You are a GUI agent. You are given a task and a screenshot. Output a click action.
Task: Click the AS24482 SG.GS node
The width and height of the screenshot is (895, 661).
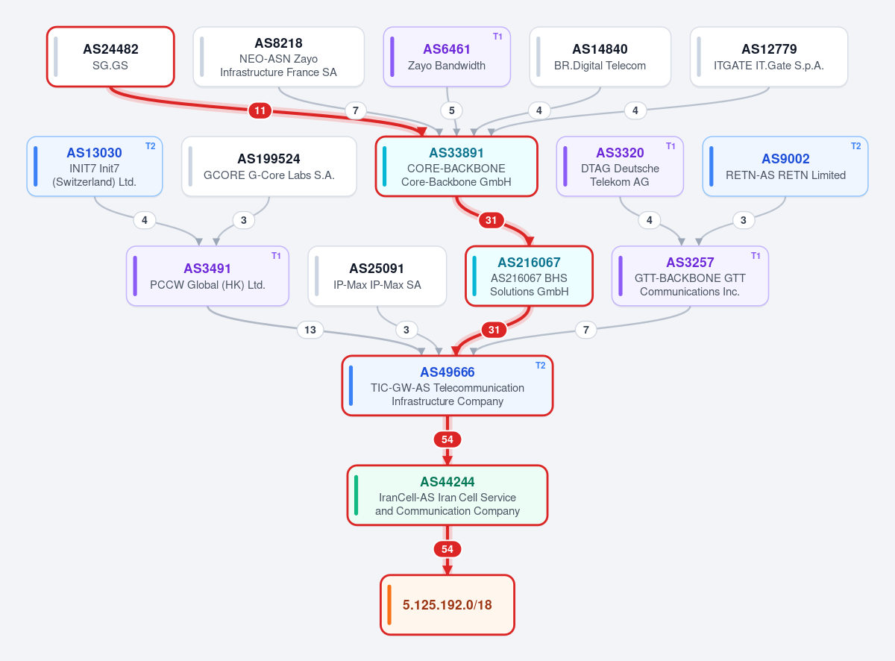click(x=110, y=57)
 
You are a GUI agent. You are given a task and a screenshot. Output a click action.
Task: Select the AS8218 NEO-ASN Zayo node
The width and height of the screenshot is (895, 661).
click(x=278, y=57)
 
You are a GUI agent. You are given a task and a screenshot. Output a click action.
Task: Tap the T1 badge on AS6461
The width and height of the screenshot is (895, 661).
click(x=497, y=37)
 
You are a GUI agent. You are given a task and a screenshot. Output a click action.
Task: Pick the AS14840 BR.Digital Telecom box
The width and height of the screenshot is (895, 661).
click(x=600, y=57)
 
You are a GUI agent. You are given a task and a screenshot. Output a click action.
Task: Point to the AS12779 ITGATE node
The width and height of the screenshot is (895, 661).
click(x=769, y=57)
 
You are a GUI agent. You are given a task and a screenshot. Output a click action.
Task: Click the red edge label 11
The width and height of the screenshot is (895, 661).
click(x=260, y=110)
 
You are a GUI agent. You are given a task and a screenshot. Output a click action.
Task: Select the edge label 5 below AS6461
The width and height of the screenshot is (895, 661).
click(x=451, y=110)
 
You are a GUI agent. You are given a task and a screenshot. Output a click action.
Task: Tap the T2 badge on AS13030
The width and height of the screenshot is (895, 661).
click(x=150, y=145)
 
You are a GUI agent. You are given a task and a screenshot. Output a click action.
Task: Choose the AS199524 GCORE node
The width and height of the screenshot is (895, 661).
click(x=269, y=166)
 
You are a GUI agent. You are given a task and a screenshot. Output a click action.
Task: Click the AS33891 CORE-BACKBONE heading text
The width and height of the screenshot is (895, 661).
click(x=456, y=153)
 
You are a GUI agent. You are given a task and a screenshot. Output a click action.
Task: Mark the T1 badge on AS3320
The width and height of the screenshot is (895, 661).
click(x=671, y=145)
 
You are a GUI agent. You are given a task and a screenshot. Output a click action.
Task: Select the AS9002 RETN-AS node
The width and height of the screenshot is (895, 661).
click(x=785, y=166)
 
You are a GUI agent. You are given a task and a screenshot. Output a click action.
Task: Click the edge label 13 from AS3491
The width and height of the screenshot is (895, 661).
click(x=310, y=330)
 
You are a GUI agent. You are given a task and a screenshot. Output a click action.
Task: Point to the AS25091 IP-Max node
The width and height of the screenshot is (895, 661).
click(x=377, y=276)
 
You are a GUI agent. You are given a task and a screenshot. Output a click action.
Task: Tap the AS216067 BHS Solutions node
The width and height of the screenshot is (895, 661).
click(x=529, y=276)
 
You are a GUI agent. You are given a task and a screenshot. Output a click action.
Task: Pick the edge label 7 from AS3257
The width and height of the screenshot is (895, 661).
click(x=586, y=330)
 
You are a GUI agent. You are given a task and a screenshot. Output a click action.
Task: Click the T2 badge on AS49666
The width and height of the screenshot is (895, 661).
click(x=540, y=366)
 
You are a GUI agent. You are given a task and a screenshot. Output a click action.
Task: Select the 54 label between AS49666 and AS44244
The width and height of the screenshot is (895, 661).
click(x=447, y=439)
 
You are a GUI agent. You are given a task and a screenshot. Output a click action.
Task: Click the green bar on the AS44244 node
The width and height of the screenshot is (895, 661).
click(x=356, y=495)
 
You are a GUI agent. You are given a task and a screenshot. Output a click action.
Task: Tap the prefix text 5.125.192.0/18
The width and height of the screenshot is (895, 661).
click(x=447, y=605)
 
